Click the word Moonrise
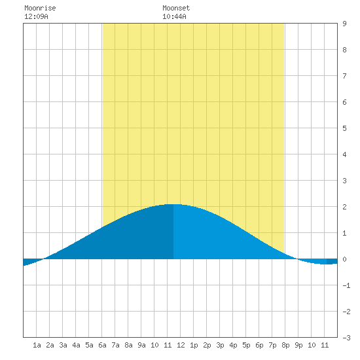tap(40, 8)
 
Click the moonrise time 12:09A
tap(36, 16)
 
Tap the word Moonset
tap(176, 8)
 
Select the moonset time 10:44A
tap(174, 16)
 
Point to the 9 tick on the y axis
tap(344, 24)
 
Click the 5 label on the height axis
tap(344, 128)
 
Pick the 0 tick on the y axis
tap(344, 259)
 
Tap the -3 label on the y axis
tap(346, 338)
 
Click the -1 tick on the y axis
tap(346, 285)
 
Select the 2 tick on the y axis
tap(344, 207)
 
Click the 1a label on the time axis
tap(37, 345)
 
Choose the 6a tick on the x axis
tap(102, 345)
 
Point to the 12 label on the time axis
tap(181, 345)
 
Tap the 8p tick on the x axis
tap(285, 345)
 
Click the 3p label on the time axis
tap(220, 345)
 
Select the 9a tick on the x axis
tap(141, 345)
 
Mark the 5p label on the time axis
tap(246, 345)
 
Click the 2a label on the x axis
tap(50, 345)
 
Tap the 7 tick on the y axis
tap(344, 76)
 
